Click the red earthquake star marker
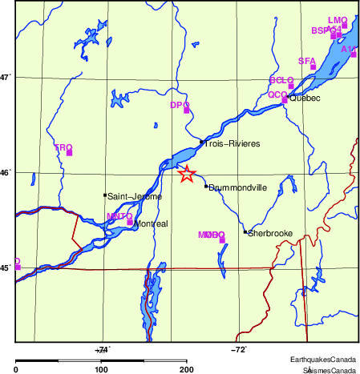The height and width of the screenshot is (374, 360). click(x=187, y=174)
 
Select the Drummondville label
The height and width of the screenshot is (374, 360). click(x=237, y=187)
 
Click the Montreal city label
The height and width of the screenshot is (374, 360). click(x=152, y=224)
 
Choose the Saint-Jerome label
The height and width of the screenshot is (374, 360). click(x=135, y=196)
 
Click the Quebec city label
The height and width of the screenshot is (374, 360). click(x=304, y=99)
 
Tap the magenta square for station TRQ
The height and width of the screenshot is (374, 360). click(x=70, y=152)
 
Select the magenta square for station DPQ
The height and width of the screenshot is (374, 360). click(x=187, y=110)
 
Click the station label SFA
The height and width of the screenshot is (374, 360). click(x=306, y=61)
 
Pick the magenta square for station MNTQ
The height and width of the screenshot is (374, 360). click(x=130, y=222)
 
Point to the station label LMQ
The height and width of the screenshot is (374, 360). click(x=338, y=20)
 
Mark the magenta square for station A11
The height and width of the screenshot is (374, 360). click(x=354, y=54)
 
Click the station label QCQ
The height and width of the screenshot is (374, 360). click(x=277, y=95)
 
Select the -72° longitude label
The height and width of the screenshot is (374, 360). click(x=239, y=350)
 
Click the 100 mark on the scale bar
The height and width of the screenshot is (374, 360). click(x=102, y=370)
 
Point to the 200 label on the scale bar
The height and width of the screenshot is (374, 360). click(x=187, y=370)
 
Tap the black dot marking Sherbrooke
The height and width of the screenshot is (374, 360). click(x=245, y=232)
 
